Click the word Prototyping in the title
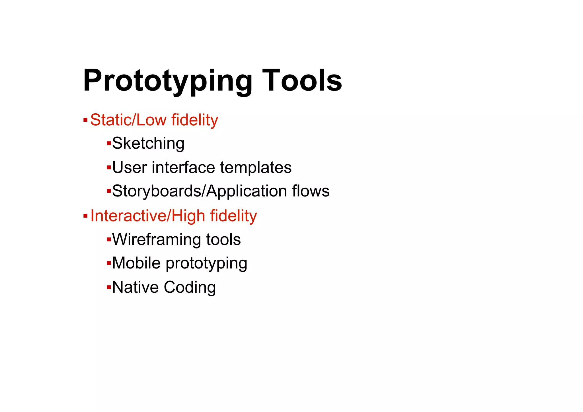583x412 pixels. [167, 81]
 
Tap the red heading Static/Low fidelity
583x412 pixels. [154, 120]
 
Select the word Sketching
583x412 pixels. [148, 143]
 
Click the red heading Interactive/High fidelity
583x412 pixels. [174, 216]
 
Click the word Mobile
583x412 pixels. [136, 263]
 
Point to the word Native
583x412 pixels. [135, 287]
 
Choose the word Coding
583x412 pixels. [190, 287]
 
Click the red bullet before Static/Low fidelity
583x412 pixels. [85, 120]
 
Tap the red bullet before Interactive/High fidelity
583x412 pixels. [85, 216]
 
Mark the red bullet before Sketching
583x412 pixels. [108, 143]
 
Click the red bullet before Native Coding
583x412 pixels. [108, 287]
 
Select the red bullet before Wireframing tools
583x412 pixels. [108, 239]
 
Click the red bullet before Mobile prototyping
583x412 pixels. [108, 263]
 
